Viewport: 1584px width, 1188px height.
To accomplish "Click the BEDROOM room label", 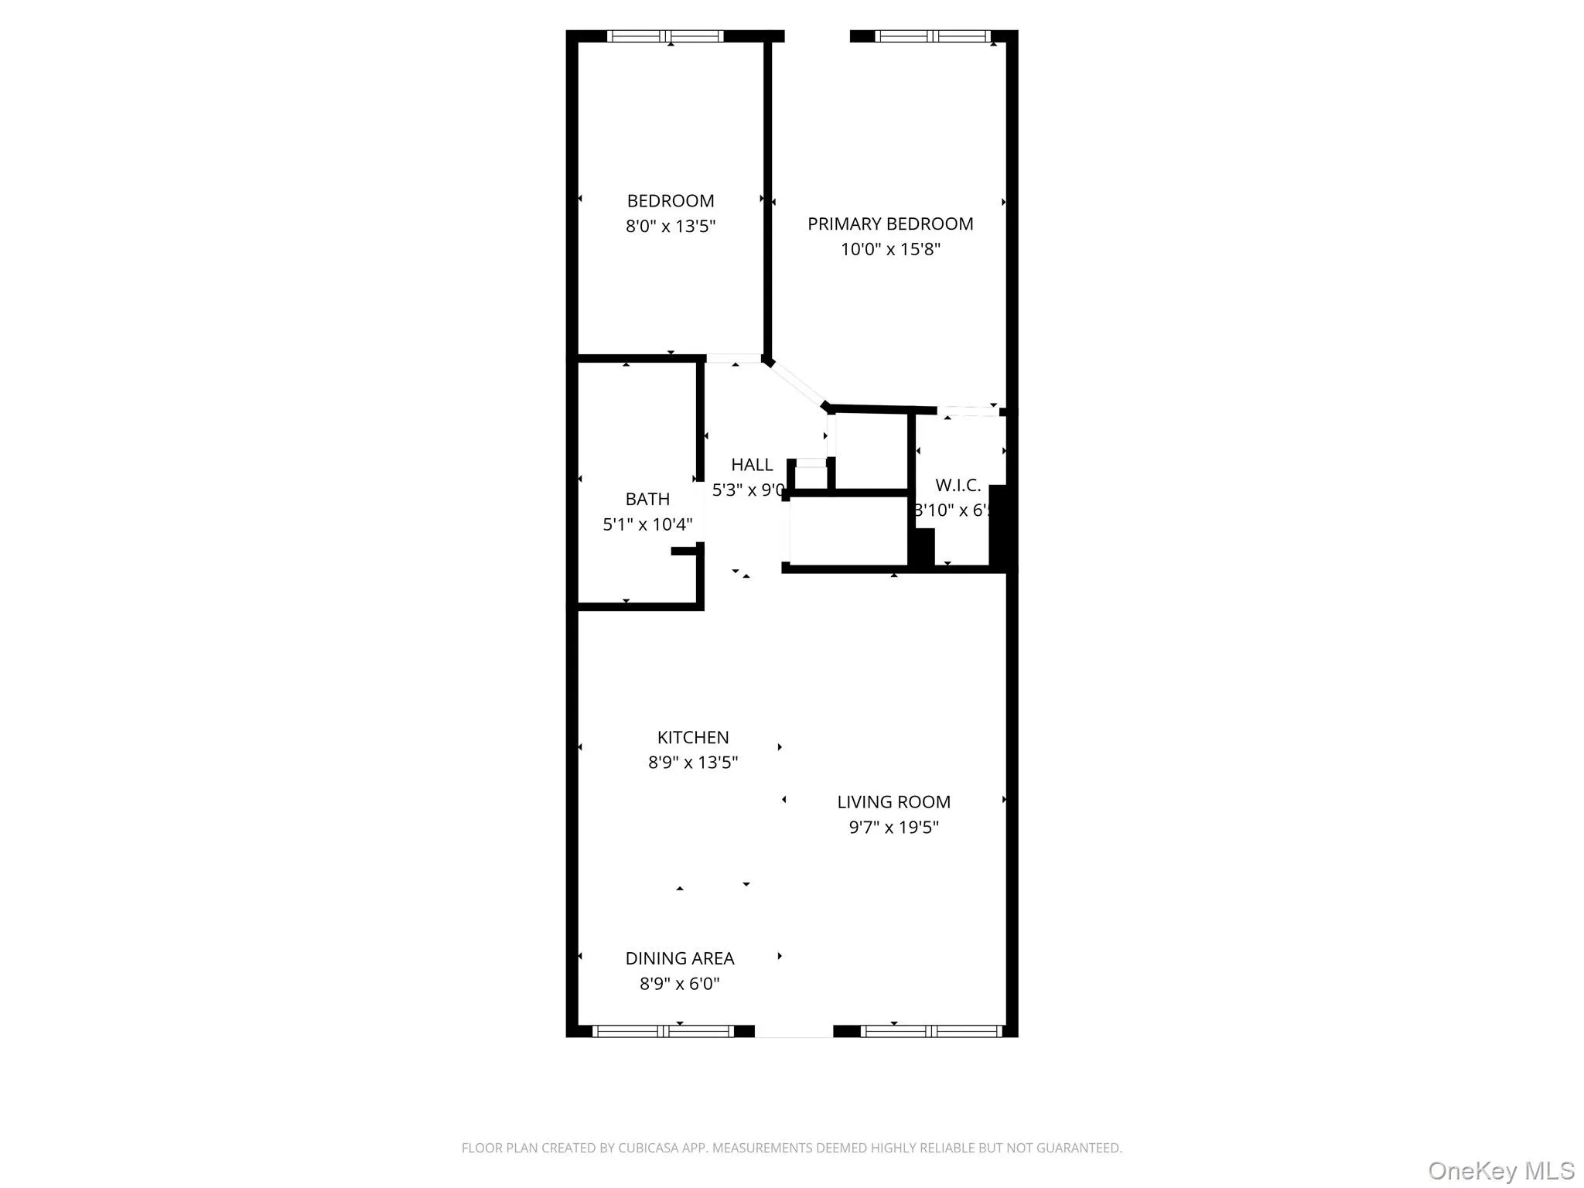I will click(670, 201).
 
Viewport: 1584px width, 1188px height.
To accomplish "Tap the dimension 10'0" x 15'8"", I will click(890, 249).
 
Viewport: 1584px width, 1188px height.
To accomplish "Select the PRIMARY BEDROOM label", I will click(890, 224).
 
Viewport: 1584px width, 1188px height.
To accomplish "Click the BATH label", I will click(647, 499).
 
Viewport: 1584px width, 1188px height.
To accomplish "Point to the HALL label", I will click(752, 465).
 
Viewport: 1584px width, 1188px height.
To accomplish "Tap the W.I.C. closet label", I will click(958, 486).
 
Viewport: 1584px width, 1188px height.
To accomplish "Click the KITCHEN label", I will click(692, 737).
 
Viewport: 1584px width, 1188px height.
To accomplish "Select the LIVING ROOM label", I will click(893, 802).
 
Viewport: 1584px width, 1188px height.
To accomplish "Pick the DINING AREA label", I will click(679, 958).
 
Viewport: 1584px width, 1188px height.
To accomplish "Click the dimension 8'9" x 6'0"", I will click(679, 984).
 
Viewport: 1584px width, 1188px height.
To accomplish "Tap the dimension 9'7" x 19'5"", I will click(893, 828).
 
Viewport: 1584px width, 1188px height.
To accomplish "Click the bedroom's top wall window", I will click(665, 36).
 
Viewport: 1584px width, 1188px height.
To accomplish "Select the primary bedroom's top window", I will click(932, 36).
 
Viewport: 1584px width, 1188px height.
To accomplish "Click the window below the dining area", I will click(663, 1031).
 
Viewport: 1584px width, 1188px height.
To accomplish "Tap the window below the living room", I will click(931, 1031).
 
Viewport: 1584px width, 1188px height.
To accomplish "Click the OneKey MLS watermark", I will click(1500, 1170).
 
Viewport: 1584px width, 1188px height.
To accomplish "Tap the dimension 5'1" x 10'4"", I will click(647, 524).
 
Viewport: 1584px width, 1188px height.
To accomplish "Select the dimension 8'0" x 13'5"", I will click(670, 227).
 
